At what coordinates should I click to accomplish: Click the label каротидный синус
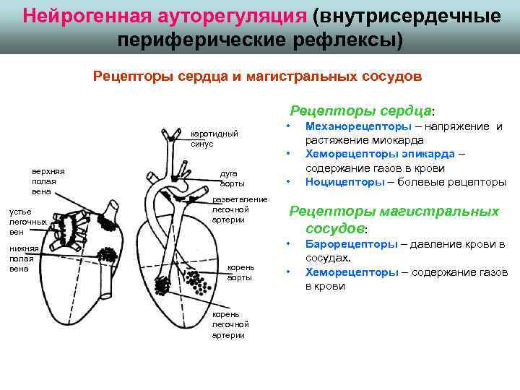pos(214,139)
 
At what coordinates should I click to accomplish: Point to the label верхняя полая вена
pos(48,181)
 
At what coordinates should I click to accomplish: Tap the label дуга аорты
pos(233,178)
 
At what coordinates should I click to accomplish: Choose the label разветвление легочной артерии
pos(240,209)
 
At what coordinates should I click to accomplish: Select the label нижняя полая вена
pos(23,259)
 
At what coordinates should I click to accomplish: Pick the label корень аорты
pos(240,272)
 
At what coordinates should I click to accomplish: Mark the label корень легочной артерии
pos(228,324)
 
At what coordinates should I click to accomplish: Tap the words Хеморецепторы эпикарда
pos(380,154)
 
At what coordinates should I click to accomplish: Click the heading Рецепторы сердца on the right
pos(360,110)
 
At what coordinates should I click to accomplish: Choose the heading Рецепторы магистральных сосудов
pos(394,220)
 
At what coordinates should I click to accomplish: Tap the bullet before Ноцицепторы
pos(288,181)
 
